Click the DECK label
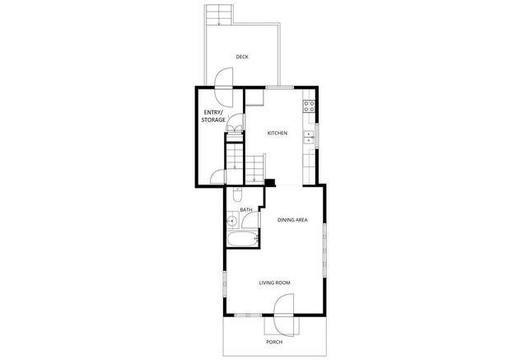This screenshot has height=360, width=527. pyautogui.click(x=242, y=57)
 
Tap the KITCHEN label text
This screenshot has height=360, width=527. pyautogui.click(x=277, y=133)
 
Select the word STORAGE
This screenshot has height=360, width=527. pyautogui.click(x=213, y=121)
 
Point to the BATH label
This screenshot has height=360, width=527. pyautogui.click(x=245, y=210)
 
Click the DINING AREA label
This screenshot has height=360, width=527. pyautogui.click(x=292, y=220)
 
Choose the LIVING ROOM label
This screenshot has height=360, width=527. pyautogui.click(x=275, y=283)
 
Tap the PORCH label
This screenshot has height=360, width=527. pyautogui.click(x=274, y=341)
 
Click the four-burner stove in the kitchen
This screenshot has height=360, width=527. pyautogui.click(x=310, y=106)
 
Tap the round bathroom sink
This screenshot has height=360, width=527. pyautogui.click(x=233, y=220)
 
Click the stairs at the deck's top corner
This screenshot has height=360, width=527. pyautogui.click(x=219, y=15)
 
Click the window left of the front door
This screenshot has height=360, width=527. pyautogui.click(x=243, y=315)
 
